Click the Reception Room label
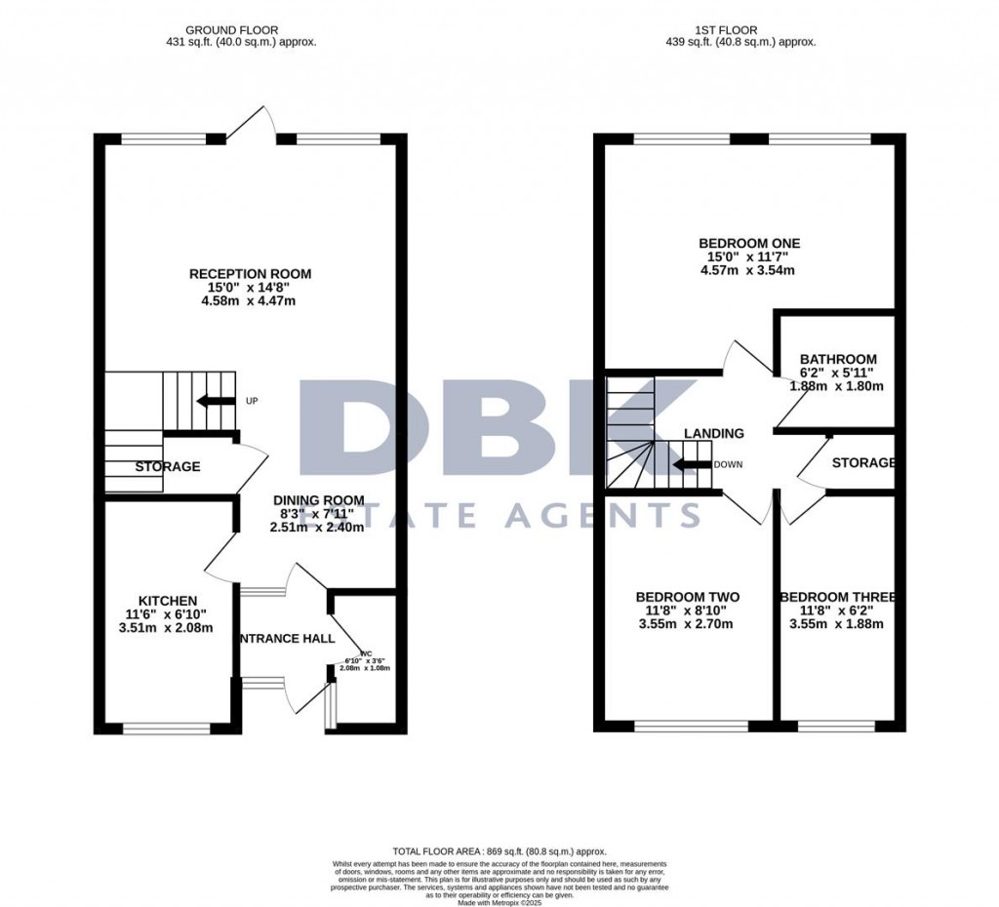(x=250, y=274)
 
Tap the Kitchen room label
(x=168, y=600)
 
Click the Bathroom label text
(x=837, y=359)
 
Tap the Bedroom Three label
(x=836, y=597)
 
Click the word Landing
(x=713, y=433)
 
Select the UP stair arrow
(x=216, y=401)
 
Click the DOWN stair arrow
(x=692, y=465)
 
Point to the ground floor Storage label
(x=168, y=467)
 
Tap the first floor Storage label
(x=862, y=462)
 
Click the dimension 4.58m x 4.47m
(x=250, y=301)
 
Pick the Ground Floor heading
(x=241, y=30)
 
